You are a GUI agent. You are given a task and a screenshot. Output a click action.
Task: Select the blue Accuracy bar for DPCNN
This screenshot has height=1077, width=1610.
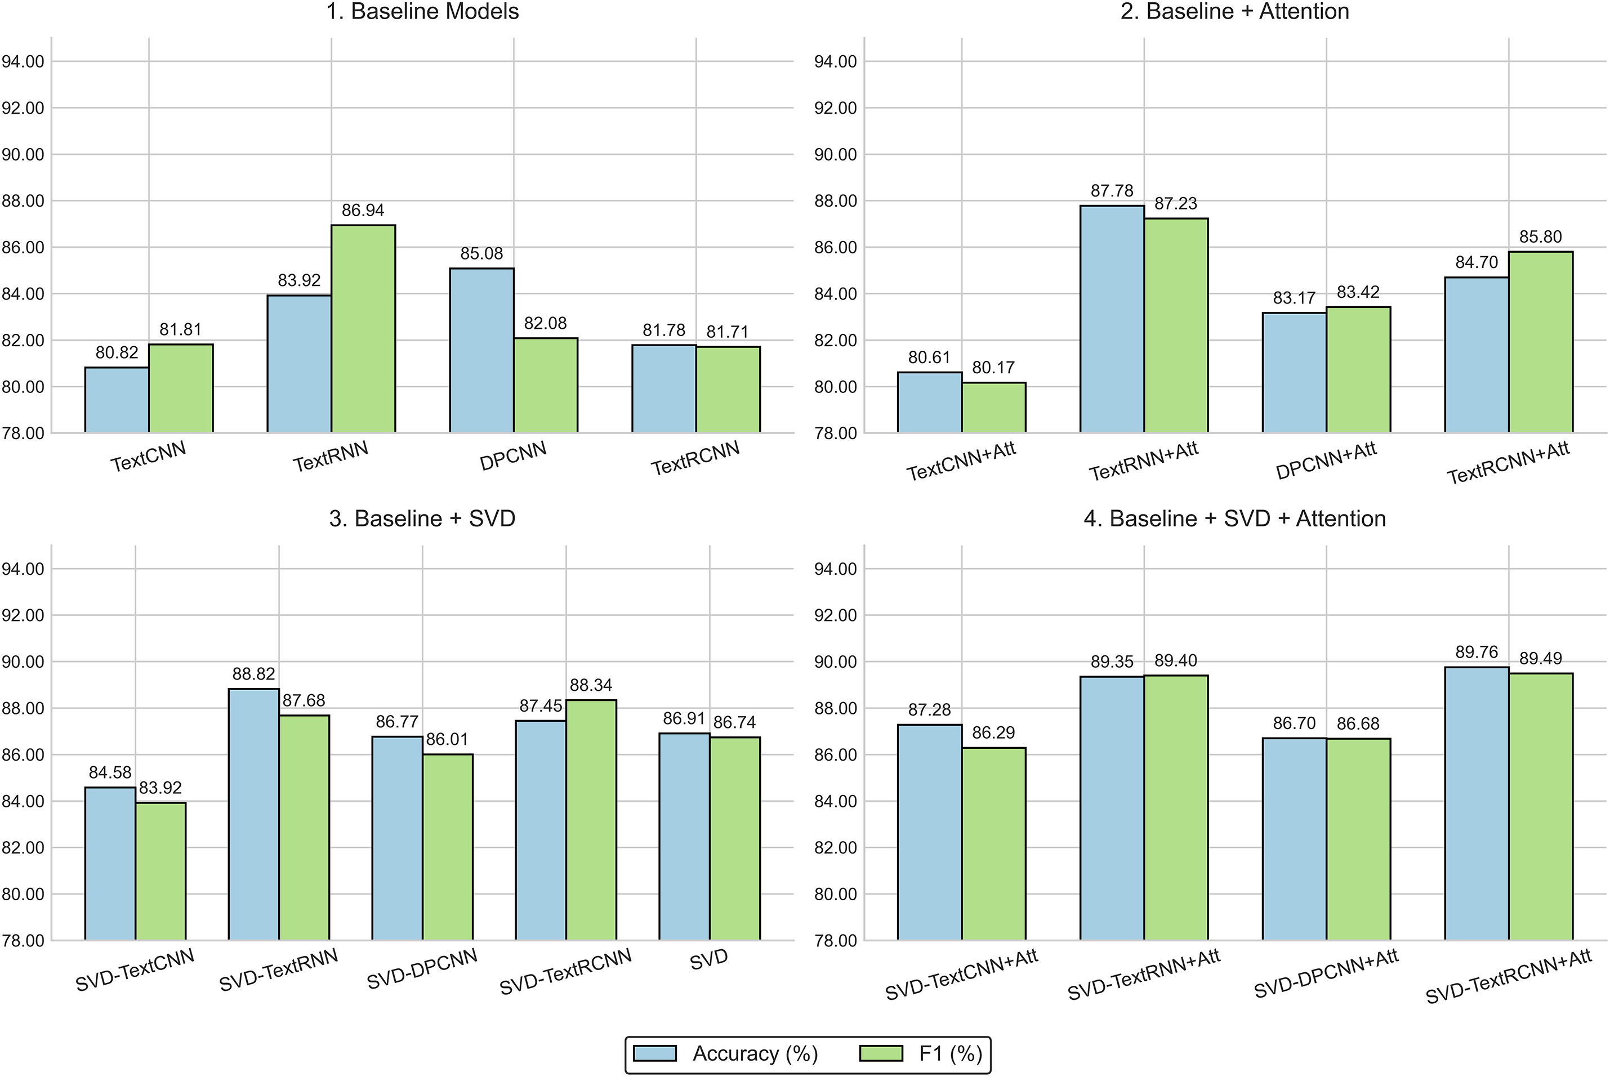tap(481, 350)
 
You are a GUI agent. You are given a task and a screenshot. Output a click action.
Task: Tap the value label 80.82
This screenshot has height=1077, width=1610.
tap(117, 353)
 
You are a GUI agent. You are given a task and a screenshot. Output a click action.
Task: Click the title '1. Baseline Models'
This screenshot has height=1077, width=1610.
tap(422, 12)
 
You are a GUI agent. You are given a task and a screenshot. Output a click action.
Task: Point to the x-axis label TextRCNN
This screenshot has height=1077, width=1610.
tap(695, 459)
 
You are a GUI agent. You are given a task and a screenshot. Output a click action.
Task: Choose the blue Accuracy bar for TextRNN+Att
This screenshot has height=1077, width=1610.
tap(1112, 319)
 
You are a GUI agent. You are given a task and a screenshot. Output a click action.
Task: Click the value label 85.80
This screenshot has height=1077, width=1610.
tap(1541, 237)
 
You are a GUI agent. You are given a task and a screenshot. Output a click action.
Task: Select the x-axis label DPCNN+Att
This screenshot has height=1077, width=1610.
tap(1326, 461)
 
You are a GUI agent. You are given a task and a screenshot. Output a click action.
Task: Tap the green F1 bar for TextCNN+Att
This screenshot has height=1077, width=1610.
tap(994, 407)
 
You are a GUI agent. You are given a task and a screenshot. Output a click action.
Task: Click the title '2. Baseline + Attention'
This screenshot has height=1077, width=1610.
tap(1234, 12)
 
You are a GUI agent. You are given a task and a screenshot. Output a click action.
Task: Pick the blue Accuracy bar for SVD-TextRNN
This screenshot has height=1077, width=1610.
tap(253, 814)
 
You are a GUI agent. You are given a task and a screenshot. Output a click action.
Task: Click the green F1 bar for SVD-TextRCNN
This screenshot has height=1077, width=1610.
tap(591, 819)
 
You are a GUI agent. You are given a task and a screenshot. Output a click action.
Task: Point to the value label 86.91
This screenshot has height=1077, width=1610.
tap(684, 718)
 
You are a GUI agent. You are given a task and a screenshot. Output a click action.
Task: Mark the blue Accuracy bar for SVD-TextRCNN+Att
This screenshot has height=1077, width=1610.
tap(1476, 803)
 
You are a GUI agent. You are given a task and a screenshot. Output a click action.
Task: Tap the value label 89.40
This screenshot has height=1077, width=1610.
tap(1175, 661)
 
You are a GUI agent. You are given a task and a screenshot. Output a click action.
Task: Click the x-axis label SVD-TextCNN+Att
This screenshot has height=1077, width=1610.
tap(961, 975)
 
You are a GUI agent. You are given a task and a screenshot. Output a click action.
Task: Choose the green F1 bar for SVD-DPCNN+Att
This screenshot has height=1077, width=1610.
tap(1358, 839)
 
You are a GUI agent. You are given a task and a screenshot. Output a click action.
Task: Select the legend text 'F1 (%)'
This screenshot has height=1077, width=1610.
tap(951, 1054)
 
